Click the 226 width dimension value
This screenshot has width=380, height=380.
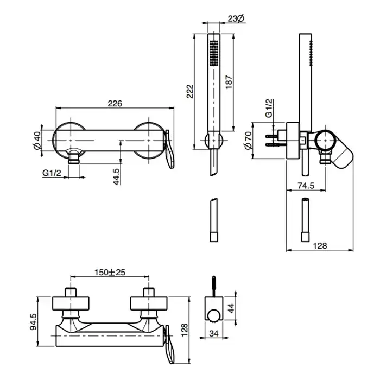[x=115, y=103]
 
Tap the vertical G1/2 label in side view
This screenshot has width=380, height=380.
[x=269, y=109]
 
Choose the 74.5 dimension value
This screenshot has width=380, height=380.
[x=305, y=185]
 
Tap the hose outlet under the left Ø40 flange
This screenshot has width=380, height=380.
[x=73, y=159]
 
